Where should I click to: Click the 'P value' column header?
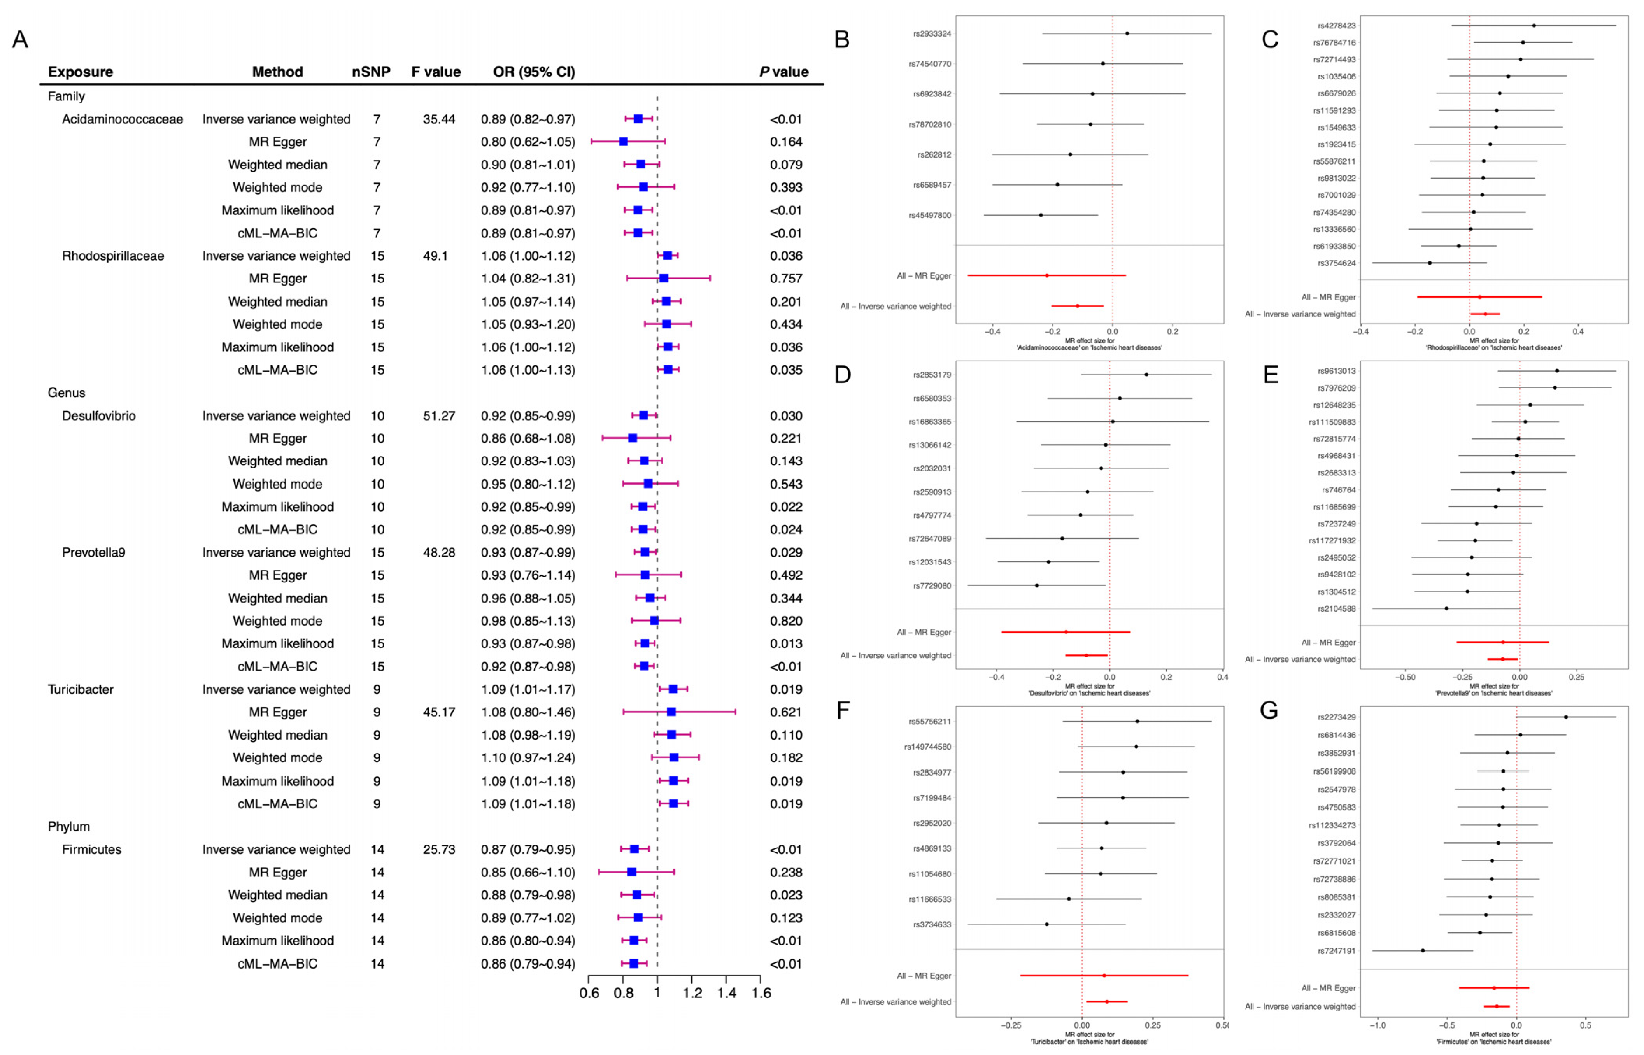[x=783, y=72]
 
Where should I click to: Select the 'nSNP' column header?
[x=371, y=72]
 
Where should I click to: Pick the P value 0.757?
[x=786, y=279]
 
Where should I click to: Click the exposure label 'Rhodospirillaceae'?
[x=113, y=256]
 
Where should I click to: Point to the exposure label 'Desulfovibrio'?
[x=99, y=416]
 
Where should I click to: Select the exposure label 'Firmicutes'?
[x=92, y=850]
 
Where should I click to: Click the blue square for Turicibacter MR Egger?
[x=671, y=712]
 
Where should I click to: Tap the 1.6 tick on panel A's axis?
[x=761, y=994]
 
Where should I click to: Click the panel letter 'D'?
[x=843, y=375]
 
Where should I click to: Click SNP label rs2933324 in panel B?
[x=932, y=33]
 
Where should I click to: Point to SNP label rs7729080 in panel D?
[x=932, y=586]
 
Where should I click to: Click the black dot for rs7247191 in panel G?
[x=1423, y=950]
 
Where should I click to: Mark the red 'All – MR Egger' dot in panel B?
[x=1047, y=275]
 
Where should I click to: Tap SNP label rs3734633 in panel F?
[x=932, y=924]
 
